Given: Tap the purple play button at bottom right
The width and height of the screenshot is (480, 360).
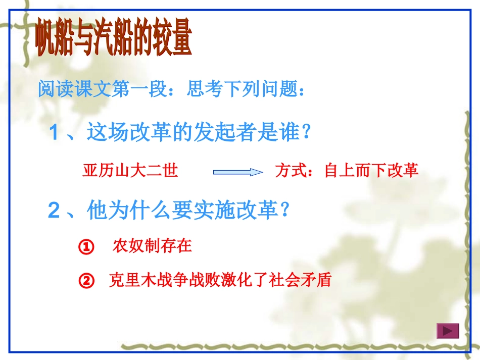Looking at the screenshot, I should [x=447, y=331].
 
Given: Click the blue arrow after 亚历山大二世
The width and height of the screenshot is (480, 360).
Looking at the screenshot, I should [x=238, y=172].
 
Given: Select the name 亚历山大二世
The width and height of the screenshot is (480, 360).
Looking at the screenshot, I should [x=130, y=171].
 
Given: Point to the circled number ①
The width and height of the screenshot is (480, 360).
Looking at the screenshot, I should [x=87, y=247].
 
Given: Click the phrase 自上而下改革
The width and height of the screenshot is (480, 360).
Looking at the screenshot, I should [x=371, y=171].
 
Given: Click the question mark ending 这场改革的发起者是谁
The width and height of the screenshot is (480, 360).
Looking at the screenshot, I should [x=304, y=133].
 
